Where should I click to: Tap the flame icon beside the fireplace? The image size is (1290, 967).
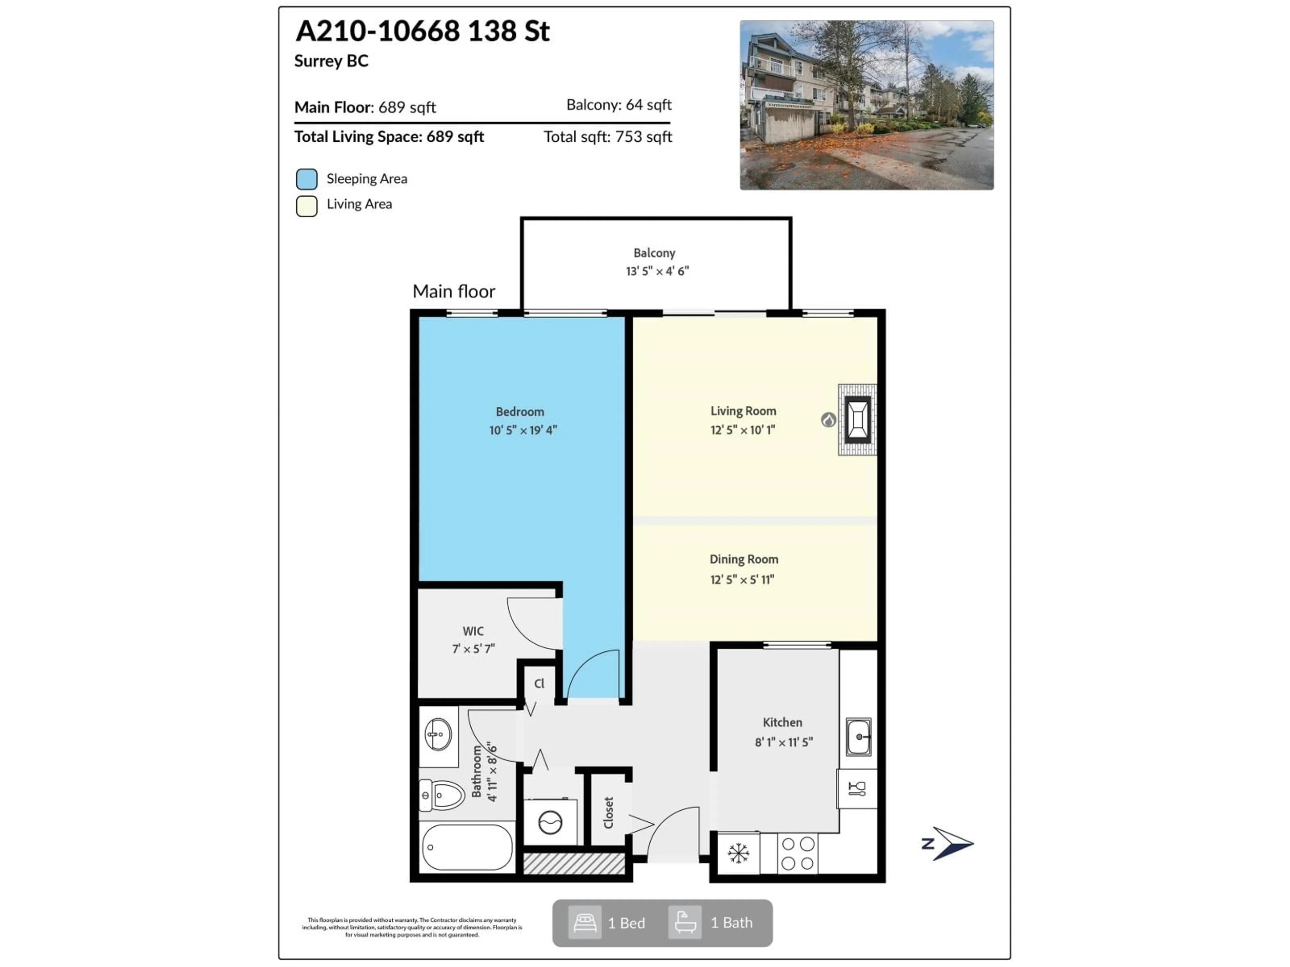pos(828,420)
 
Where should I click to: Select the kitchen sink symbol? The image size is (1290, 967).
pos(858,737)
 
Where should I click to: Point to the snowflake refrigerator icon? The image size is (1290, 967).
pos(738,853)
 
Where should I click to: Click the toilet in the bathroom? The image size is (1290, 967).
pos(442,795)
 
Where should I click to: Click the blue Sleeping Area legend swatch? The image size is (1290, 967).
pos(307,179)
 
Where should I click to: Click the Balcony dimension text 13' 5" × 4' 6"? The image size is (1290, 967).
pos(657,271)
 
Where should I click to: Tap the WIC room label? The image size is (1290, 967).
pos(473,631)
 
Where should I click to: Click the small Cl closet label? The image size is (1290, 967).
pos(540,683)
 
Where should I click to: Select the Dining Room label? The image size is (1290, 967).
pos(743,559)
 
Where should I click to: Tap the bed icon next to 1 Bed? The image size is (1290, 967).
pos(584,923)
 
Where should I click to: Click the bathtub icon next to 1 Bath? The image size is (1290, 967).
pos(685,923)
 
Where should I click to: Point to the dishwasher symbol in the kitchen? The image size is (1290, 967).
pos(857,789)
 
